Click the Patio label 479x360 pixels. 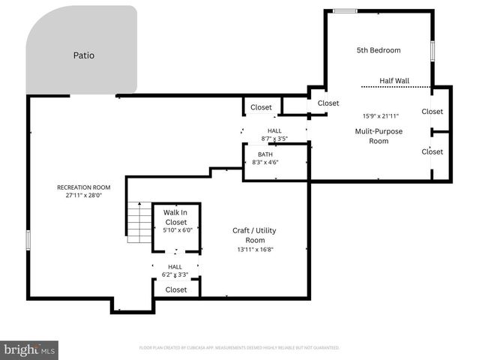tap(84, 55)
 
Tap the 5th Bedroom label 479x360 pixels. tap(378, 50)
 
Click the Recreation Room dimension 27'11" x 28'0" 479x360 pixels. tap(83, 196)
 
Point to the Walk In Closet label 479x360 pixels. tap(175, 217)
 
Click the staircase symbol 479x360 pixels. tap(139, 223)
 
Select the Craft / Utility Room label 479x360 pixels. tap(250, 234)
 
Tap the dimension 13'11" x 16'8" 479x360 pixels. tap(255, 250)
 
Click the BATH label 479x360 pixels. tap(265, 154)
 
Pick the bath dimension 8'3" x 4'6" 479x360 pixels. tap(265, 162)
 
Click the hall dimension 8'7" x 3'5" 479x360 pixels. tap(274, 139)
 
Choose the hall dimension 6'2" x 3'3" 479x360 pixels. tap(175, 274)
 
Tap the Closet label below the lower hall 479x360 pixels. tap(176, 289)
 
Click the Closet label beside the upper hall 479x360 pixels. tap(261, 107)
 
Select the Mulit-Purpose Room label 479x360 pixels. tap(379, 136)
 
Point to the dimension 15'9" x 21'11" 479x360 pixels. tap(382, 115)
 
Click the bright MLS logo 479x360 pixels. tap(29, 349)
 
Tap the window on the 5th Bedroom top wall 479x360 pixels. tap(345, 10)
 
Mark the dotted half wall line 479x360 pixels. tap(396, 87)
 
